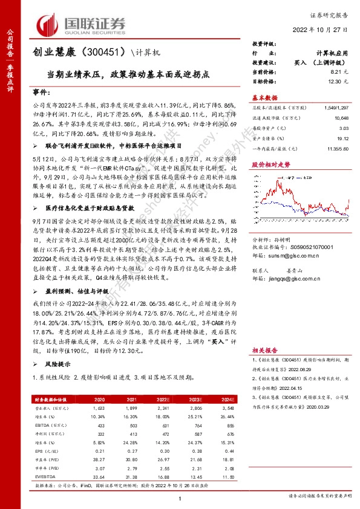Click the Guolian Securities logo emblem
click(49, 24)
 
